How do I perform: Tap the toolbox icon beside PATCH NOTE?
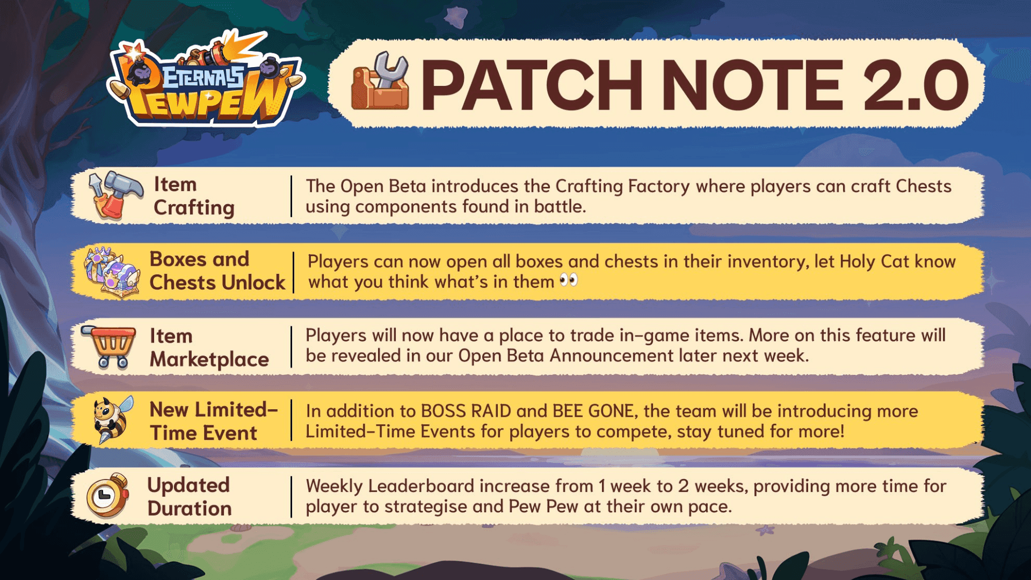380,82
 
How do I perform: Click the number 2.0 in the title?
915,85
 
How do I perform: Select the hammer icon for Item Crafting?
115,194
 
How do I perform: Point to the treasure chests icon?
112,271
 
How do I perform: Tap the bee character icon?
112,420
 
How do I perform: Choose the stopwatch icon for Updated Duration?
108,495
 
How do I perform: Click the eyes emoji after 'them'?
569,280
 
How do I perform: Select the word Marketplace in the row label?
209,359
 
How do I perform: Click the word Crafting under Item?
194,208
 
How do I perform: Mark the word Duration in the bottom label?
190,509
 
